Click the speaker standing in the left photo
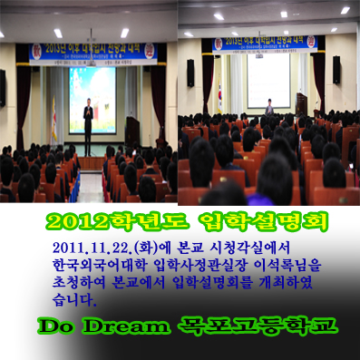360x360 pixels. coord(88,117)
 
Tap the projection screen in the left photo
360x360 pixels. coord(92,98)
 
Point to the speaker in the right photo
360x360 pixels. coord(269,107)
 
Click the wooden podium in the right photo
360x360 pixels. coord(301,105)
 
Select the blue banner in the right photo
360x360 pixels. coord(268,44)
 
